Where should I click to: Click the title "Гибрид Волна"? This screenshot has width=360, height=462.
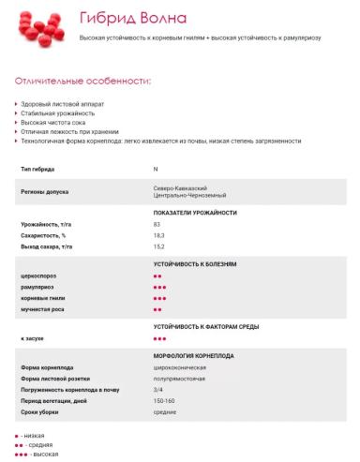coord(132,18)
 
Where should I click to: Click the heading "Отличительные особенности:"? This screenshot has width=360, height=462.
coord(83,81)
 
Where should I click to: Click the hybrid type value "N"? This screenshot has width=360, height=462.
coord(156,169)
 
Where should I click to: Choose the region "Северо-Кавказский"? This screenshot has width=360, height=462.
coord(180,187)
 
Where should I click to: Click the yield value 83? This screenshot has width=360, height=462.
coord(157,225)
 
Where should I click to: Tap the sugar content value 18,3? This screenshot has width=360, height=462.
coord(159,235)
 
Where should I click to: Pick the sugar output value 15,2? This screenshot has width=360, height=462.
coord(159,246)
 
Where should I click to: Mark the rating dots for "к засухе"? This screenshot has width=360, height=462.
coord(159,337)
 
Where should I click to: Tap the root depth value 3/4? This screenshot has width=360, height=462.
coord(158,389)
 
